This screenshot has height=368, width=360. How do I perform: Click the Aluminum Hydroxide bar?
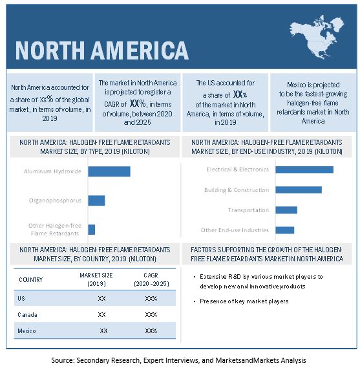(109, 171)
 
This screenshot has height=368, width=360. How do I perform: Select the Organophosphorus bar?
(96, 200)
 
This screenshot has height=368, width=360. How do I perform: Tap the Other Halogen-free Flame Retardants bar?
(92, 230)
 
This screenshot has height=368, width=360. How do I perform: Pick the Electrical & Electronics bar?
(304, 169)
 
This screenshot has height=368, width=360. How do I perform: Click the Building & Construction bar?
(299, 190)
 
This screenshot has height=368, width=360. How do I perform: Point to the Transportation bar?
(286, 210)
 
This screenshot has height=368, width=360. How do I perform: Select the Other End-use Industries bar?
(285, 230)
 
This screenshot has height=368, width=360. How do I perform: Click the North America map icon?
(317, 37)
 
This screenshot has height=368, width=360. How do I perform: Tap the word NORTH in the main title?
(50, 50)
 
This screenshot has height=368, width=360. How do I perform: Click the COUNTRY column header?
(31, 280)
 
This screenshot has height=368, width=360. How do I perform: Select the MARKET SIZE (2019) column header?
(96, 279)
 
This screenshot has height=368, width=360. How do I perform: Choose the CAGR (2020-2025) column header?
(151, 279)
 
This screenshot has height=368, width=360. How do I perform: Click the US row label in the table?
(21, 298)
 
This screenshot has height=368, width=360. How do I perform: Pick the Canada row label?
(27, 314)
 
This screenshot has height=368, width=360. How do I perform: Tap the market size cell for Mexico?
(103, 330)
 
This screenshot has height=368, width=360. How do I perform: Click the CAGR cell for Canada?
(151, 314)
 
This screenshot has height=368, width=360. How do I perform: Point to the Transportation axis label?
(248, 210)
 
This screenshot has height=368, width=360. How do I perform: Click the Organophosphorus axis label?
(55, 200)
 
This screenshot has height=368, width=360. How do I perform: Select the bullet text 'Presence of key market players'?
(244, 301)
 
